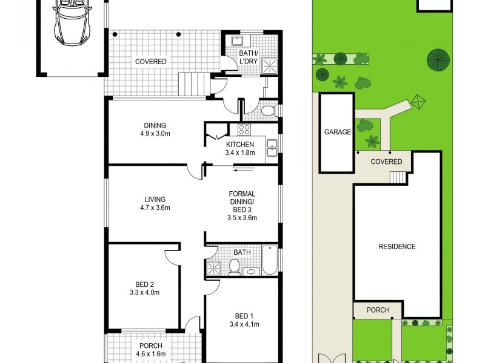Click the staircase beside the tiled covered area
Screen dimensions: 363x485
193,82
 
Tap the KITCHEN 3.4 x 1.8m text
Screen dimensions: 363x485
241,149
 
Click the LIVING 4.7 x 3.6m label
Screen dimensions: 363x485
155,203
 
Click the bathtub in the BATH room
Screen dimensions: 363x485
270,260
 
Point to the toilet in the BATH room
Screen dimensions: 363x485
233,266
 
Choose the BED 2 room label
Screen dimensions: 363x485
144,289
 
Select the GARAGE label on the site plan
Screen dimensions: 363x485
337,132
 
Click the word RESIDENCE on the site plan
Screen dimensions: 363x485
397,246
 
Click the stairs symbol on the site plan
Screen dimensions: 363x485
396,177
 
